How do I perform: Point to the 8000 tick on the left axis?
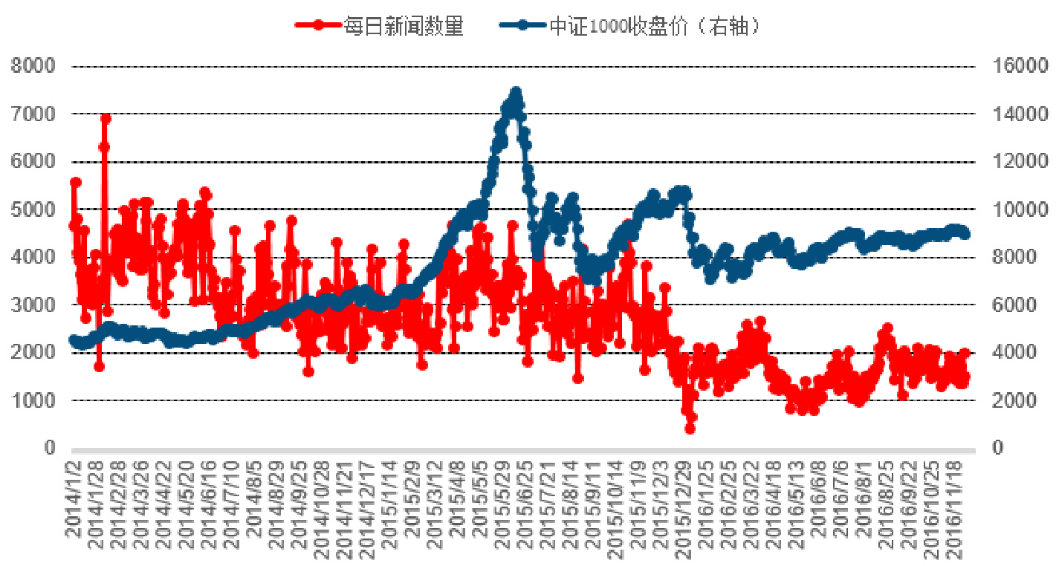33,66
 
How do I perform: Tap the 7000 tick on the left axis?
33,114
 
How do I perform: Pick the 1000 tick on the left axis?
33,400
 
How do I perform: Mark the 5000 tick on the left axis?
33,209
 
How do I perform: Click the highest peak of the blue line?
516,92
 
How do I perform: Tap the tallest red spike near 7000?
106,118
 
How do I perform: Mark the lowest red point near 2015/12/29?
690,428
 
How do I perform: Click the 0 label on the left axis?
51,448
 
